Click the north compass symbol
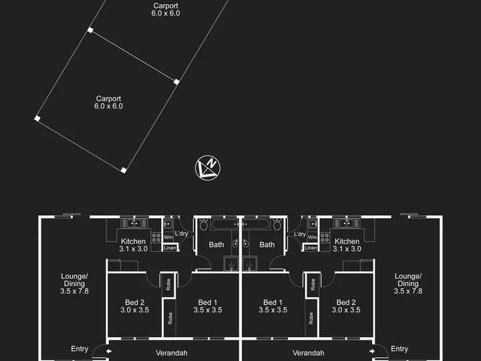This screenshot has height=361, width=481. [208, 168]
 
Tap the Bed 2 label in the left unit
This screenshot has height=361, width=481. [135, 306]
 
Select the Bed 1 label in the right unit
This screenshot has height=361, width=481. [273, 306]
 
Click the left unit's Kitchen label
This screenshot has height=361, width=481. [134, 245]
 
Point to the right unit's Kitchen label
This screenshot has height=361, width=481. [347, 245]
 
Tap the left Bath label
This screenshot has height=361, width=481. [216, 245]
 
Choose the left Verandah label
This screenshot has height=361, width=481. [172, 353]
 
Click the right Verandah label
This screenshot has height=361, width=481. [308, 353]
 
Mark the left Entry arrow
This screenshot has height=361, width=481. [109, 351]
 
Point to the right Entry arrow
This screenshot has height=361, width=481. [372, 351]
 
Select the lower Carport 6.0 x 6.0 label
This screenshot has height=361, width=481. [109, 102]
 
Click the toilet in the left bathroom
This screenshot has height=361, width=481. [204, 225]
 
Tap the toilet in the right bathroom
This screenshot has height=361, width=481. [277, 225]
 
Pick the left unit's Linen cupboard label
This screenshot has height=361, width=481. [170, 248]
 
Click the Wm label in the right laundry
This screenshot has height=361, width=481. [312, 237]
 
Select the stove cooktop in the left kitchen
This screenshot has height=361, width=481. [156, 238]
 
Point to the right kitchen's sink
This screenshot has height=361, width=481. [346, 223]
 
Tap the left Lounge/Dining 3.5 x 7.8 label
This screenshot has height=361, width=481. [74, 283]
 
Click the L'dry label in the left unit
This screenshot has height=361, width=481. [181, 233]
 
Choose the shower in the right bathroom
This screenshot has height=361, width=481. [249, 264]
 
